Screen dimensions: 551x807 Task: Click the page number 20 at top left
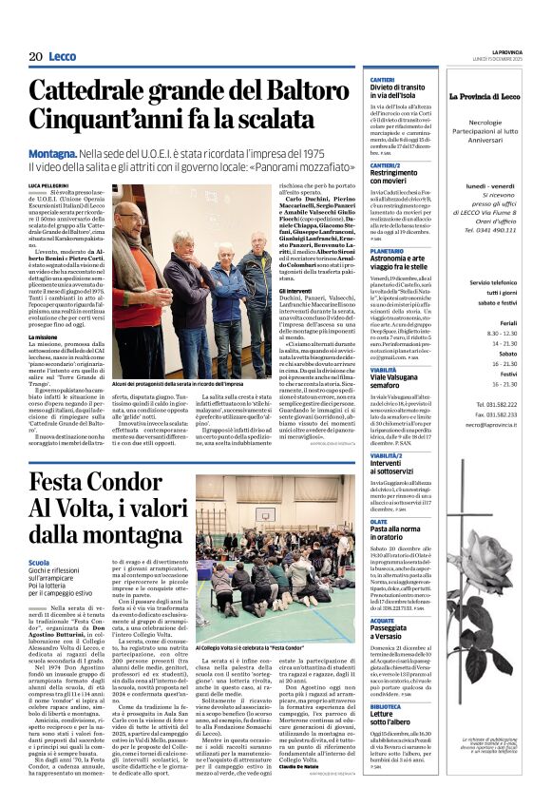35,57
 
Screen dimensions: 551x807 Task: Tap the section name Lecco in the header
63,57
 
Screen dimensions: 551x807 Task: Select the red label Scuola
40,562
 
